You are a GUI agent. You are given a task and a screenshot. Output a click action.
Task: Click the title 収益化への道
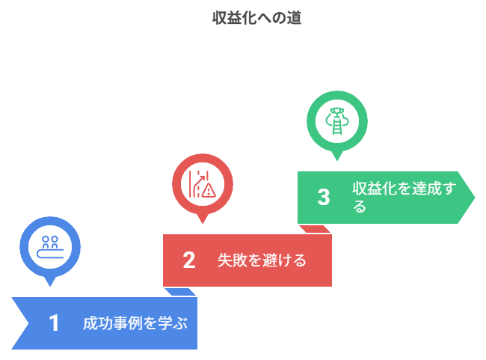tap(256, 19)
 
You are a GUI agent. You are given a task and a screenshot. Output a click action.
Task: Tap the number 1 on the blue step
tap(54, 323)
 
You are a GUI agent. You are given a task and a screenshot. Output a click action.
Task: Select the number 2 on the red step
tap(188, 260)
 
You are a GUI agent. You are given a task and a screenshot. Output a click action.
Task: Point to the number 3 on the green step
tap(323, 198)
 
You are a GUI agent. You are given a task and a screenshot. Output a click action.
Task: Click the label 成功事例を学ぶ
tap(135, 324)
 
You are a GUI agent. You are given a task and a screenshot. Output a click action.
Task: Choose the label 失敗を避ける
tap(262, 261)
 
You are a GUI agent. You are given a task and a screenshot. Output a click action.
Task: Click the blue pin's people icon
tap(50, 246)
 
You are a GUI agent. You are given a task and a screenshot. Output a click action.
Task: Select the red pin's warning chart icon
tap(202, 184)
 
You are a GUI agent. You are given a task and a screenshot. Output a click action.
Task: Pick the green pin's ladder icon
tap(337, 121)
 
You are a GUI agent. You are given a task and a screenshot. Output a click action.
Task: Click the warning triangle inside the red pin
tap(208, 191)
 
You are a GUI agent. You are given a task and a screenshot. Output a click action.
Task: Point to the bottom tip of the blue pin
tap(50, 288)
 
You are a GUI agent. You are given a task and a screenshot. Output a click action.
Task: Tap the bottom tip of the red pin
tap(202, 225)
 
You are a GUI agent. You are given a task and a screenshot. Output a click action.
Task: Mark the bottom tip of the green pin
tap(337, 162)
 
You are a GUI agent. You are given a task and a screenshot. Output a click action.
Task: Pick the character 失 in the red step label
tap(224, 261)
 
